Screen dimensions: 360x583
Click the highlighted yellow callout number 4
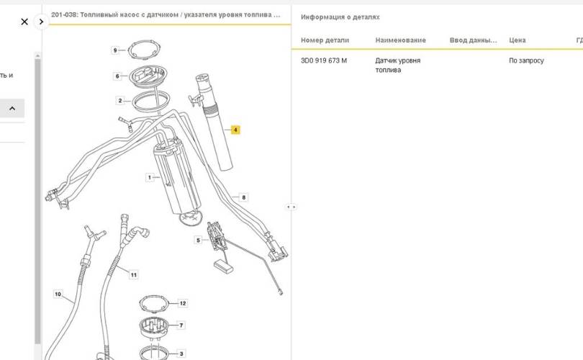click(x=235, y=130)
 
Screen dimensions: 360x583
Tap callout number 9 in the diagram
click(x=114, y=50)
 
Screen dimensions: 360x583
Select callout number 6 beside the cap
click(x=117, y=76)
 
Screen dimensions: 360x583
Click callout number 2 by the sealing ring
click(x=120, y=101)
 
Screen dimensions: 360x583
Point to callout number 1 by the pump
click(x=150, y=177)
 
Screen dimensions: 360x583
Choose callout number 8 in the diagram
click(x=244, y=197)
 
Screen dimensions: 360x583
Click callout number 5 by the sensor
click(x=198, y=240)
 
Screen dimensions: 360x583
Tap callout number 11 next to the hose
click(x=133, y=274)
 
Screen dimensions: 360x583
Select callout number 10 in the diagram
click(x=58, y=294)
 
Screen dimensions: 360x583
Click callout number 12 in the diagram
click(x=182, y=304)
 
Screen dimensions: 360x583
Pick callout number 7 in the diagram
click(x=181, y=325)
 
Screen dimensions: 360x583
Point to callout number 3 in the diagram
click(x=181, y=354)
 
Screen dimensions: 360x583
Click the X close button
click(x=24, y=22)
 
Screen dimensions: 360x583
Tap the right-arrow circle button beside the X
click(x=41, y=22)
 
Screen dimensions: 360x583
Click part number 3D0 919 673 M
click(x=324, y=61)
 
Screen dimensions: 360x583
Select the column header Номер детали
click(x=325, y=40)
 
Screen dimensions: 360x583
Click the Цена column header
click(x=517, y=40)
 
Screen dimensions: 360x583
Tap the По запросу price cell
click(x=526, y=61)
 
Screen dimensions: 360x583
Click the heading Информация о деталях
click(x=340, y=17)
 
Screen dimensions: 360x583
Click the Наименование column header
click(x=400, y=40)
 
